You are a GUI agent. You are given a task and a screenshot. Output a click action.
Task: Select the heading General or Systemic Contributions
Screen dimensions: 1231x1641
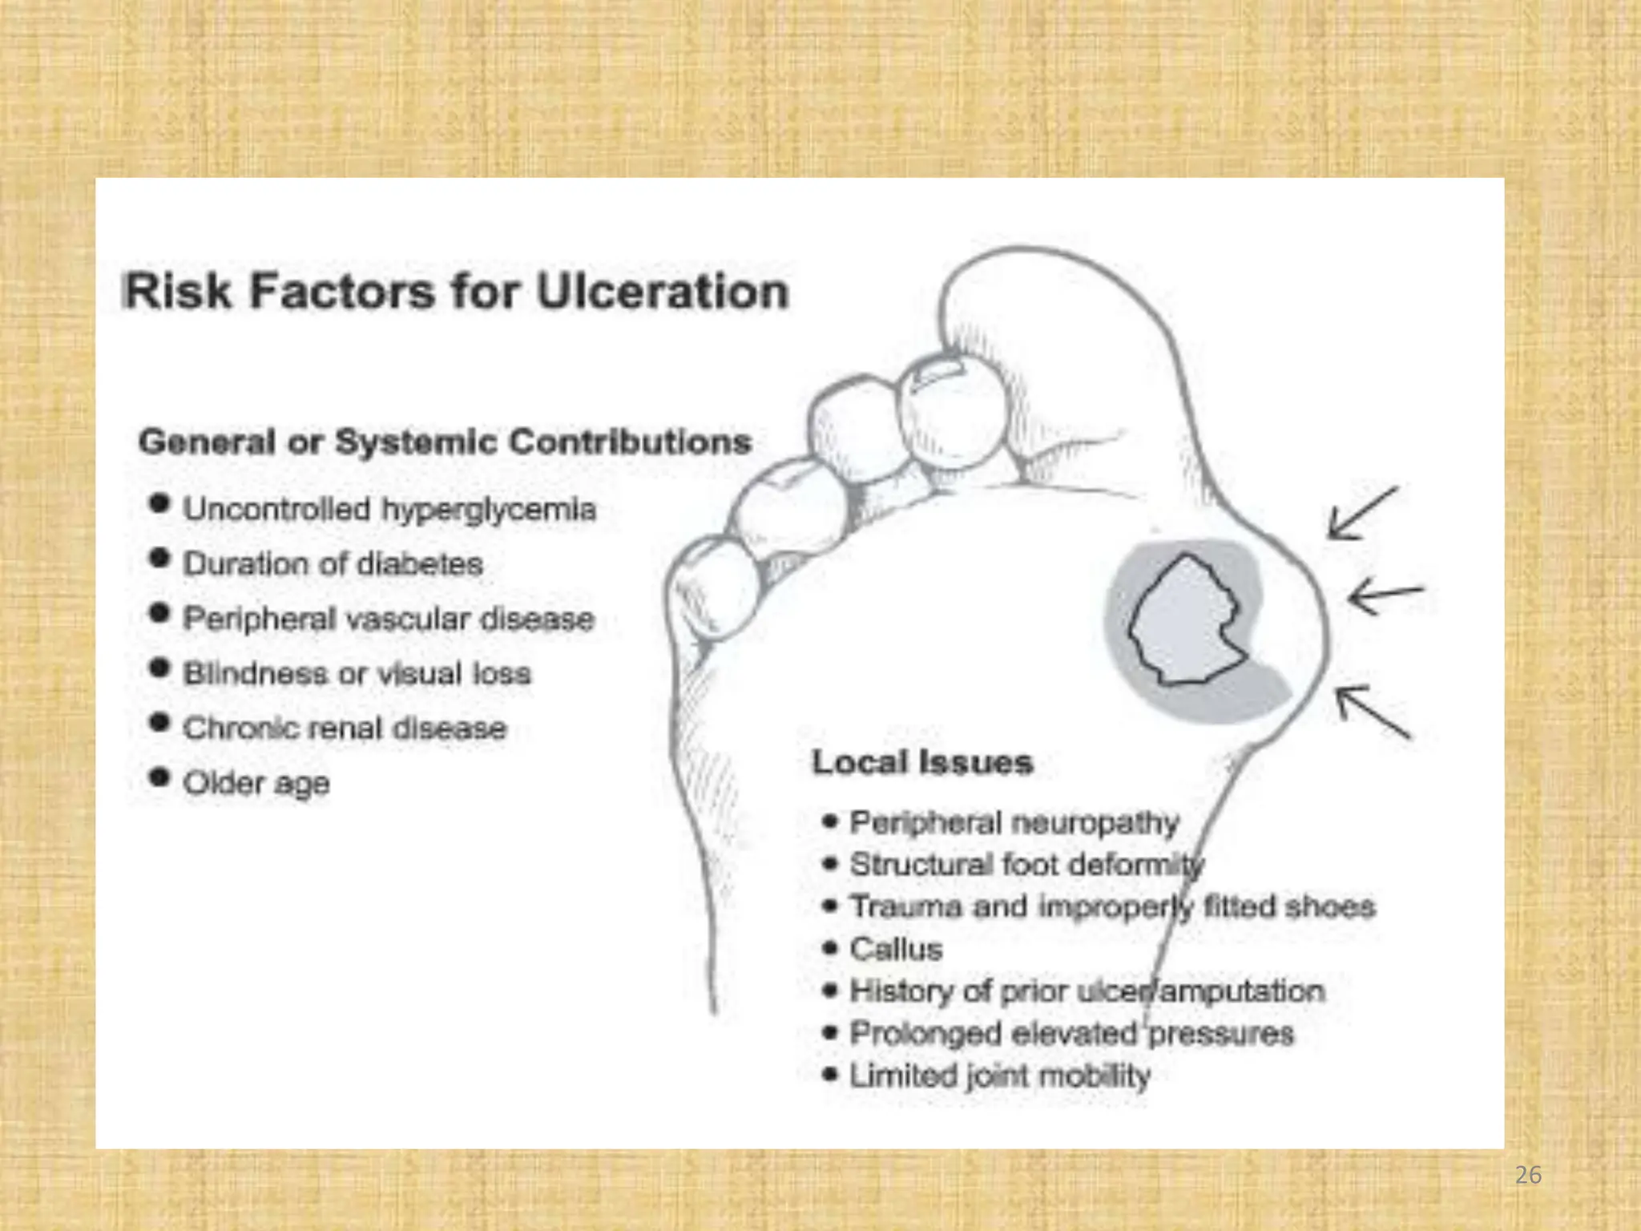(445, 442)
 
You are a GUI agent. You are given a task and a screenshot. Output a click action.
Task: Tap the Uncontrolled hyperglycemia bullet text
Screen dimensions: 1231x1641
(389, 510)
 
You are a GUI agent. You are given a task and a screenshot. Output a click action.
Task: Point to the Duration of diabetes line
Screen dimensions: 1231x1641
(333, 564)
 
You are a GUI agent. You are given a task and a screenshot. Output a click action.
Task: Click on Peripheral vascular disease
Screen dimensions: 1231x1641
(388, 619)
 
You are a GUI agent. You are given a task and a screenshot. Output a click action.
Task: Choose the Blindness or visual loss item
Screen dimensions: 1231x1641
(357, 673)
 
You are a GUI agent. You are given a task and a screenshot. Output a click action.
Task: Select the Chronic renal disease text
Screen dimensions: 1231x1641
(345, 728)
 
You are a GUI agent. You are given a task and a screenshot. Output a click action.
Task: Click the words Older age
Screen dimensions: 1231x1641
(256, 782)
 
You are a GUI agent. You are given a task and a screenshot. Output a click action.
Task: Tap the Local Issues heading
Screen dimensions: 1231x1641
(922, 762)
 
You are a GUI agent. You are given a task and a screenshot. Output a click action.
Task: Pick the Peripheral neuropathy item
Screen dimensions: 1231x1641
(1014, 822)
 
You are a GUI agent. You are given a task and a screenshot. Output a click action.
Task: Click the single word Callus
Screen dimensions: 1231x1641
(896, 949)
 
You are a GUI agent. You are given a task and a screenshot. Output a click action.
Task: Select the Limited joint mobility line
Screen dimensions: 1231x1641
(999, 1076)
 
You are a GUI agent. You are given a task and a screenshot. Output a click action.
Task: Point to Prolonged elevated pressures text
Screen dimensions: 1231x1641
(1071, 1033)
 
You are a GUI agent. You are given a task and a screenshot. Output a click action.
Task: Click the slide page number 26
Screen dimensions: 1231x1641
(1528, 1175)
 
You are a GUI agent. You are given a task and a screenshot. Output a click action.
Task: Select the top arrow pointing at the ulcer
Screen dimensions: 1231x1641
(1361, 513)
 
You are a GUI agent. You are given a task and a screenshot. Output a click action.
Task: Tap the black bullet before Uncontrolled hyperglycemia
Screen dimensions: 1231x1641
(159, 503)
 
